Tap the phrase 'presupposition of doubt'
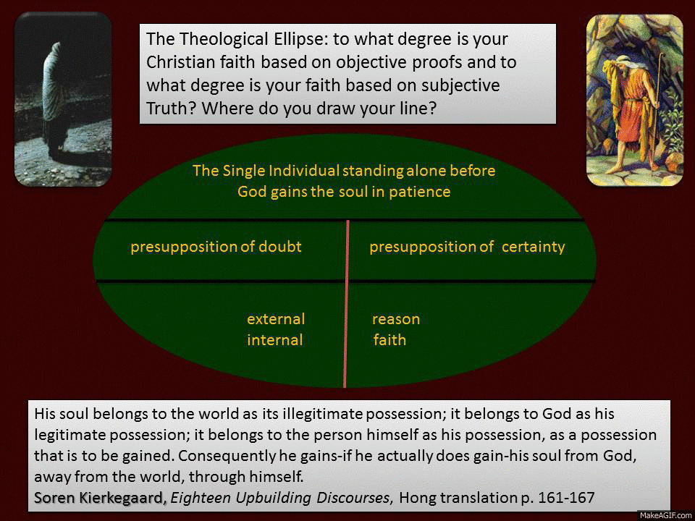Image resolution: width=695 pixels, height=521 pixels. coord(216,247)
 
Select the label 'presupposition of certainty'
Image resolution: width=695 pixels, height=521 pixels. coord(467,247)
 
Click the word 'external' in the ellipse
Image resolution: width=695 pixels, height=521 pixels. coord(276,319)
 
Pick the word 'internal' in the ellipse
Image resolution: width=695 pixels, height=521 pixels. coord(275,340)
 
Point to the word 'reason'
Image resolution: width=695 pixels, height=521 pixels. coord(396,319)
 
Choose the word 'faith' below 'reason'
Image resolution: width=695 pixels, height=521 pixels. coord(389,340)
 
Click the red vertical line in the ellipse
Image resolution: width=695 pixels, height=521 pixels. coord(346,304)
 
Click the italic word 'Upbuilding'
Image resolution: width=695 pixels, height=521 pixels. coord(274,498)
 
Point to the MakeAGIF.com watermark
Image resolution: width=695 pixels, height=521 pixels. coord(665,516)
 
